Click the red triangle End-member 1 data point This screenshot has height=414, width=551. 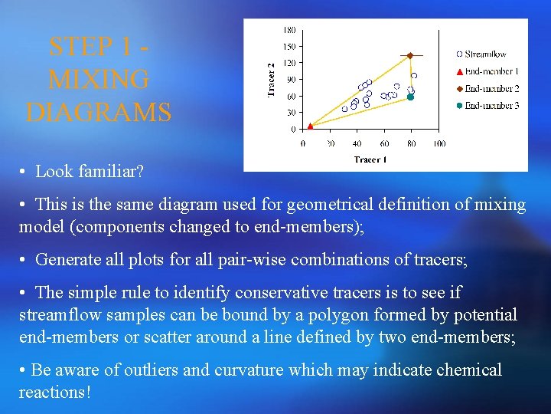tap(309, 126)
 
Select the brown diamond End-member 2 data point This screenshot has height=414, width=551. tap(409, 56)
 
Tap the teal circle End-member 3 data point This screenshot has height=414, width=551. tap(410, 97)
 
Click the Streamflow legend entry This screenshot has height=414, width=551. tap(485, 54)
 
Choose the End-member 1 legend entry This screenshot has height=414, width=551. tap(491, 72)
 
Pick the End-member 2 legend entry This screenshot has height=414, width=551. tap(491, 89)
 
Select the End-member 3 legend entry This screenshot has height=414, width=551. tap(491, 106)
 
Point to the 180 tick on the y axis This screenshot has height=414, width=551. tap(290, 30)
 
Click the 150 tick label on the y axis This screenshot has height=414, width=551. tap(290, 47)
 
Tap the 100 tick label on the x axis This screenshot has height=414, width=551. tap(439, 143)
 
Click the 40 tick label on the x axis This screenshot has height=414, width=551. tap(357, 143)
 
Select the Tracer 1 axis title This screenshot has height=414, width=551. tap(370, 159)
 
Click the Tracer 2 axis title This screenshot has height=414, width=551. tap(270, 80)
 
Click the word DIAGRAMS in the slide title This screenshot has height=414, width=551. tap(99, 113)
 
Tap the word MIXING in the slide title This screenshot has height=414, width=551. tap(99, 80)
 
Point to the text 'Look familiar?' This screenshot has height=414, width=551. tap(90, 172)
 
